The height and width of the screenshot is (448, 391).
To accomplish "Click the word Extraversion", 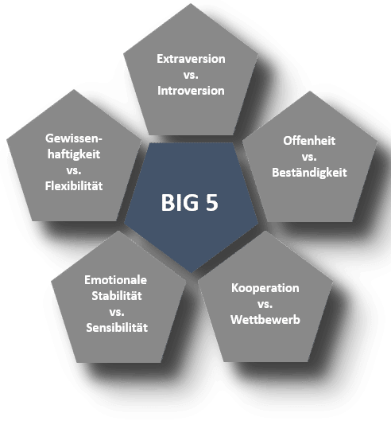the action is tap(191, 59).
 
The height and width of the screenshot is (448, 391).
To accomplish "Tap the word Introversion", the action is tap(191, 91).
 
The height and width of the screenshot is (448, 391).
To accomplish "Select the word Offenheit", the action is tap(309, 141).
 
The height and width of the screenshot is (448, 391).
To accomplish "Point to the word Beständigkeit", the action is tap(309, 173).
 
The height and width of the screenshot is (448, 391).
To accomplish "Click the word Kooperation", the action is tap(265, 288).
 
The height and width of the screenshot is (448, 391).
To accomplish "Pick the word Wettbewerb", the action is tap(265, 319).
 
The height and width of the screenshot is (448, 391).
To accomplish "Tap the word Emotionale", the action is tap(115, 280).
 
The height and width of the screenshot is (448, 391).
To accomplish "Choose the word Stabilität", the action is tap(117, 296).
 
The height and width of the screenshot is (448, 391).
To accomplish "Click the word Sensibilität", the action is tap(117, 327).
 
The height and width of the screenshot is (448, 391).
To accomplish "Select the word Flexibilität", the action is tap(74, 186).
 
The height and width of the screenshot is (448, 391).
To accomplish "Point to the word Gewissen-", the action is tap(74, 138).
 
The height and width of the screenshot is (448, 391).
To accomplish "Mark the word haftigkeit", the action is tap(74, 154).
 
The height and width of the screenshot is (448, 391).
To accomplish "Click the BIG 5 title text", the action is tap(190, 203).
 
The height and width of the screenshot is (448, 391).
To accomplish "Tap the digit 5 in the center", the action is tap(212, 203).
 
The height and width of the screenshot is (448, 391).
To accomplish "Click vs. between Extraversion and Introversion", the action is tap(191, 75).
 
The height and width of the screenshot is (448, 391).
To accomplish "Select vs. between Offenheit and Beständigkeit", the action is tap(309, 157).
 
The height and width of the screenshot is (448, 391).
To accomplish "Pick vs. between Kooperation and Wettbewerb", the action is tap(265, 304).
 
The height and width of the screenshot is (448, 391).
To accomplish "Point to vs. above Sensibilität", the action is tap(117, 312).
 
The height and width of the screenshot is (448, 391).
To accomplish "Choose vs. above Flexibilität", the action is tap(74, 170).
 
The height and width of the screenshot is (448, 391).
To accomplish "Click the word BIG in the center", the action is tap(180, 203).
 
